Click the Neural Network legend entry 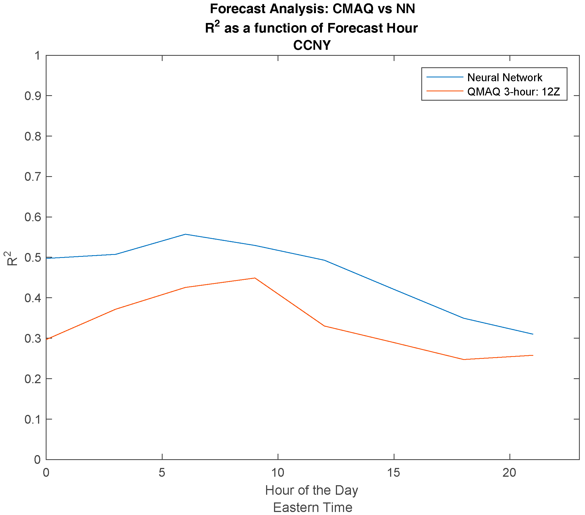click(505, 77)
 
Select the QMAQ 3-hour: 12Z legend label click(514, 92)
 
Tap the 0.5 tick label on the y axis click(32, 258)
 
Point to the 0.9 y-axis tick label click(32, 96)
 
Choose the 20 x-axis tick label click(509, 473)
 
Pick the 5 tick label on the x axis click(162, 473)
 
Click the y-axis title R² click(11, 258)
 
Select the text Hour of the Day click(312, 490)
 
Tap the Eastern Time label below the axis click(313, 507)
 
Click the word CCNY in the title click(312, 45)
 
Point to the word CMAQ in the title click(353, 9)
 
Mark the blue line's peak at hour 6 click(185, 234)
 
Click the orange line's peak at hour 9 click(254, 278)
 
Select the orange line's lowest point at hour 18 click(463, 359)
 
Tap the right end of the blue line click(533, 334)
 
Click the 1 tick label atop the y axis click(37, 56)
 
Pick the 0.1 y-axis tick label click(32, 419)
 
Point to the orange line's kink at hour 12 click(324, 326)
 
